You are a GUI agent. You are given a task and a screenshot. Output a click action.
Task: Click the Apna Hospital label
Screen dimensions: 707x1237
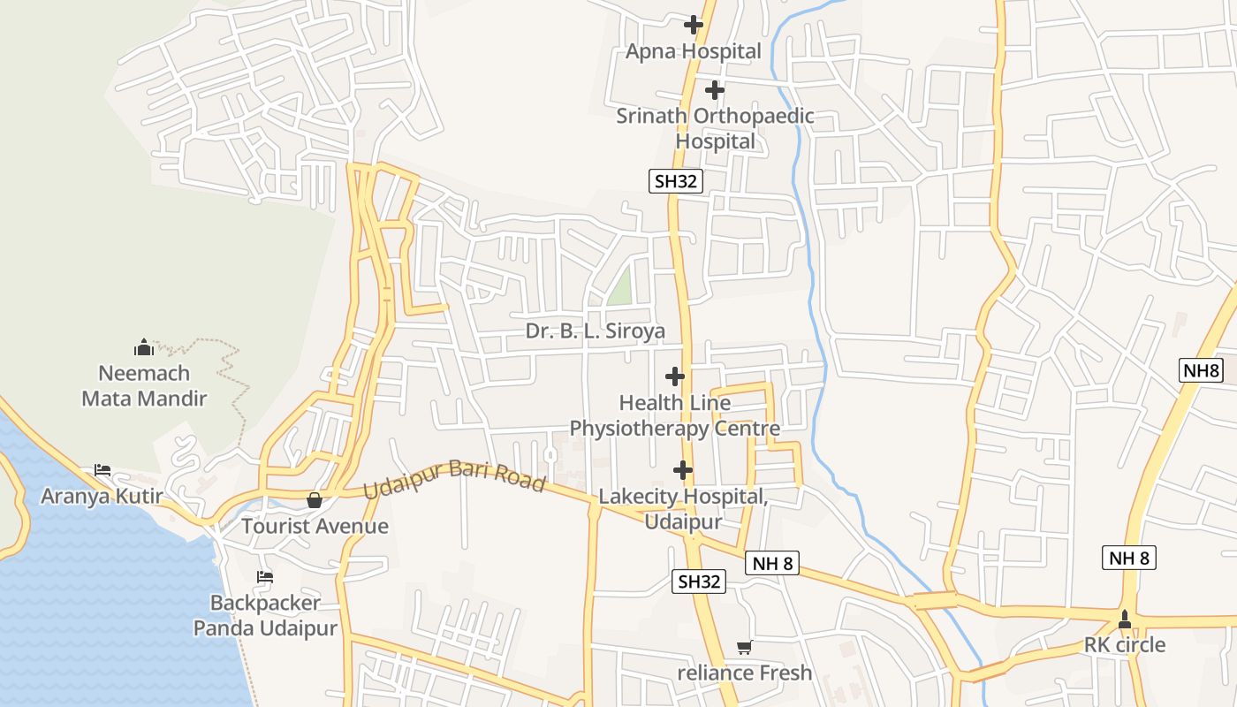693,51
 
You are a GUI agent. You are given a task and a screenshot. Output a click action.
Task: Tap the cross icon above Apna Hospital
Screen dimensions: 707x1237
694,25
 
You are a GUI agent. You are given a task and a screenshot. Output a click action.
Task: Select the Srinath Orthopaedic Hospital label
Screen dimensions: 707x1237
715,128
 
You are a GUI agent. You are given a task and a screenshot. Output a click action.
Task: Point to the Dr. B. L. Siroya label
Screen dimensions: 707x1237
595,331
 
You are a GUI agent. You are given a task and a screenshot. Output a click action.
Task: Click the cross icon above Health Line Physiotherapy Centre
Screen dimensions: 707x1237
675,376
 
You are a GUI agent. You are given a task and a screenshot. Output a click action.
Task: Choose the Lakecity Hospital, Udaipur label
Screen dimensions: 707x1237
682,508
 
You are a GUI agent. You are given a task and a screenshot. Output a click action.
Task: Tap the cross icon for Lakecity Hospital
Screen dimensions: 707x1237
682,470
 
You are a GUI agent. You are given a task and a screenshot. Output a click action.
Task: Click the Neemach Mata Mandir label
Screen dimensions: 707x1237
144,385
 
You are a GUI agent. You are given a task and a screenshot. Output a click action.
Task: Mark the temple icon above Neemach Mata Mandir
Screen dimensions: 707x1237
144,347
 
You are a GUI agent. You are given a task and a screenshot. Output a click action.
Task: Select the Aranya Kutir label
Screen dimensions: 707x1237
102,496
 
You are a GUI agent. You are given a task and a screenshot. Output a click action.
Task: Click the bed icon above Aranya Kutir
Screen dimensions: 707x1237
102,469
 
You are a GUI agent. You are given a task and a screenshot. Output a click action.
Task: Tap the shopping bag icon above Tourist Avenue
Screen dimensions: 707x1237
314,500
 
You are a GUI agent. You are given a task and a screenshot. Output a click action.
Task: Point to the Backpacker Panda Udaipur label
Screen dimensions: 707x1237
265,615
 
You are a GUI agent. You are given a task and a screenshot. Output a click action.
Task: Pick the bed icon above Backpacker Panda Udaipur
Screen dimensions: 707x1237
264,577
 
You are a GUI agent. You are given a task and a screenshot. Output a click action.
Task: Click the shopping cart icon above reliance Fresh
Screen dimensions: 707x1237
744,648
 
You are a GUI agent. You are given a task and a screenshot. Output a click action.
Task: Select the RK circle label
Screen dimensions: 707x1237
1124,644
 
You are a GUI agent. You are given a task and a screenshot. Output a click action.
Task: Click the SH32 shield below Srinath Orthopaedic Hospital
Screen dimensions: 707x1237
675,181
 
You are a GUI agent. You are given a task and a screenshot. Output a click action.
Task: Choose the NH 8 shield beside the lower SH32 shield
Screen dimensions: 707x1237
771,563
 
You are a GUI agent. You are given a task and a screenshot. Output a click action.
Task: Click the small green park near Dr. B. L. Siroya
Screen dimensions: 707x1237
620,287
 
